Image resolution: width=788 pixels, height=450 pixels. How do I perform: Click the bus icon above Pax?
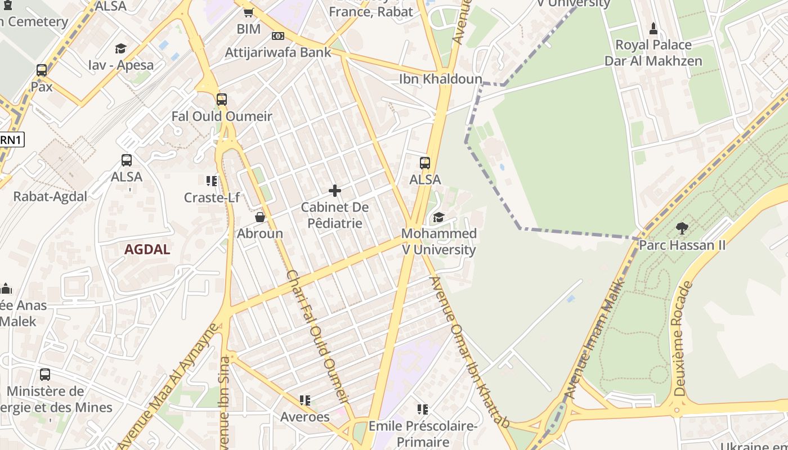[x=42, y=70]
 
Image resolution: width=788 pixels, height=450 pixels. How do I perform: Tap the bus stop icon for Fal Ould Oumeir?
[x=222, y=100]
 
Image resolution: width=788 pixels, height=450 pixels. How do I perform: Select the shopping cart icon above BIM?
[x=248, y=12]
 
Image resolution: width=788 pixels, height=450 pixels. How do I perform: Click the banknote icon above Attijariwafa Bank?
[x=278, y=36]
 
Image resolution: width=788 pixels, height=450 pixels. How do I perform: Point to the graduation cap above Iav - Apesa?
[x=120, y=49]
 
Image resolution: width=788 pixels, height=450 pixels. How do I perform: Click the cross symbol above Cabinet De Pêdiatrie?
[x=335, y=191]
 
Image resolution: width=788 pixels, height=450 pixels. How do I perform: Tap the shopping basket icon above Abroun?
[x=260, y=217]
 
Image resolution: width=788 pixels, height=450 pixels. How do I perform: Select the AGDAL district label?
[x=147, y=250]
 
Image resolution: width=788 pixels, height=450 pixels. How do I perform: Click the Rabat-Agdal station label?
[x=51, y=196]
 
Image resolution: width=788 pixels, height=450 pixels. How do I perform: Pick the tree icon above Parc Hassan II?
[x=682, y=228]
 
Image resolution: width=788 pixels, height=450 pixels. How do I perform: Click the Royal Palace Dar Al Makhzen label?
[x=653, y=52]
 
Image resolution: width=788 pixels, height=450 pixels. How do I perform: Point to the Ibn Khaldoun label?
[x=441, y=79]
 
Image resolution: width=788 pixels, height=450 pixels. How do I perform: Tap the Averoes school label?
[x=305, y=417]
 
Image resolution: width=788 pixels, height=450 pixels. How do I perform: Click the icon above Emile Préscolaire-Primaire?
[x=423, y=409]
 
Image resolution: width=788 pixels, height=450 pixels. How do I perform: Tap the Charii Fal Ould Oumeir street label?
[x=317, y=336]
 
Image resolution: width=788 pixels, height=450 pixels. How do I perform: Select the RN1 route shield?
[x=11, y=139]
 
